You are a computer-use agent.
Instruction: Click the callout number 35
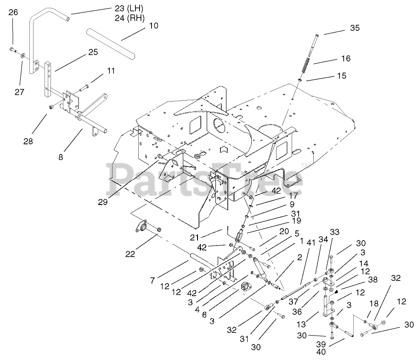pos(355,29)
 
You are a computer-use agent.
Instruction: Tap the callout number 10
pos(154,25)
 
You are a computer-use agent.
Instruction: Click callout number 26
pos(13,12)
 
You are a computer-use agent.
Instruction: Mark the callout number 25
pos(93,52)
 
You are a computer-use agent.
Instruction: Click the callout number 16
pos(345,58)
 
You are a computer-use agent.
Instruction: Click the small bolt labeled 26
pos(12,50)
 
